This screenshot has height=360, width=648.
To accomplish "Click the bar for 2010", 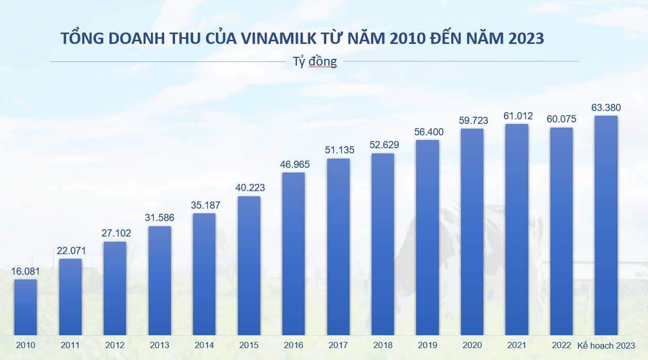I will (x=25, y=307).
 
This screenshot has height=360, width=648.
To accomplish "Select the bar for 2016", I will (x=293, y=253).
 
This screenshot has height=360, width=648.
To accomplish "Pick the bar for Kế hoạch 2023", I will (x=606, y=225).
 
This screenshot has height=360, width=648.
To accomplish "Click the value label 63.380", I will (x=606, y=108).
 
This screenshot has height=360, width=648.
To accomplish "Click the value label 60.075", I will (x=561, y=119).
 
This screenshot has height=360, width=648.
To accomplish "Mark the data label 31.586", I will (x=160, y=218).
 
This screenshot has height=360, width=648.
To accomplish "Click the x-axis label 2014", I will (x=204, y=345).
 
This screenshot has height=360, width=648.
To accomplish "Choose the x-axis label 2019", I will (x=427, y=345).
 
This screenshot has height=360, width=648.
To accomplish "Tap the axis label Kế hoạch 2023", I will (x=606, y=346).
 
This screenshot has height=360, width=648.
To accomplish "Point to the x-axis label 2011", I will (x=70, y=345).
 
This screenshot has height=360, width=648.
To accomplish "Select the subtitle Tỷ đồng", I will (x=314, y=61).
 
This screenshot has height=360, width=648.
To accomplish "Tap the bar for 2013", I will (x=160, y=280).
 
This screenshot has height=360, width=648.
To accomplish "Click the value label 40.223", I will (x=249, y=189).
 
